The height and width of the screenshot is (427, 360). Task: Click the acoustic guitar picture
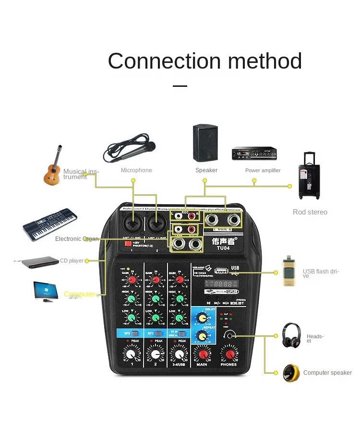coord(53,166)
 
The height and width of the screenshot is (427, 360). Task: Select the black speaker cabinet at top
coord(205,143)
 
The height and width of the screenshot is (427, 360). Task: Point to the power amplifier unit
coord(254,154)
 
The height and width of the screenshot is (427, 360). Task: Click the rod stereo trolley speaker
coord(309,177)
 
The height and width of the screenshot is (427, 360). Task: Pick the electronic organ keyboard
coord(49,224)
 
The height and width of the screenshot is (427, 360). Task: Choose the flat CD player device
coord(37,262)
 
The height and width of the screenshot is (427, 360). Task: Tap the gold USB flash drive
coord(288,271)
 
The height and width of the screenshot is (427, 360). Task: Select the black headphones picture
coord(291,335)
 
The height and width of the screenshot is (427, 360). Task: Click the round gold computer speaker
coord(291,373)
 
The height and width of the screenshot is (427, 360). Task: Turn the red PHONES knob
coord(228,354)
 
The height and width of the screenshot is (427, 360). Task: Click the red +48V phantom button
coord(128,243)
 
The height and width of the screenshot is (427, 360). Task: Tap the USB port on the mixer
coord(221,272)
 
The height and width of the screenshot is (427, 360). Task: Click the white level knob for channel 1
coord(131,354)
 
